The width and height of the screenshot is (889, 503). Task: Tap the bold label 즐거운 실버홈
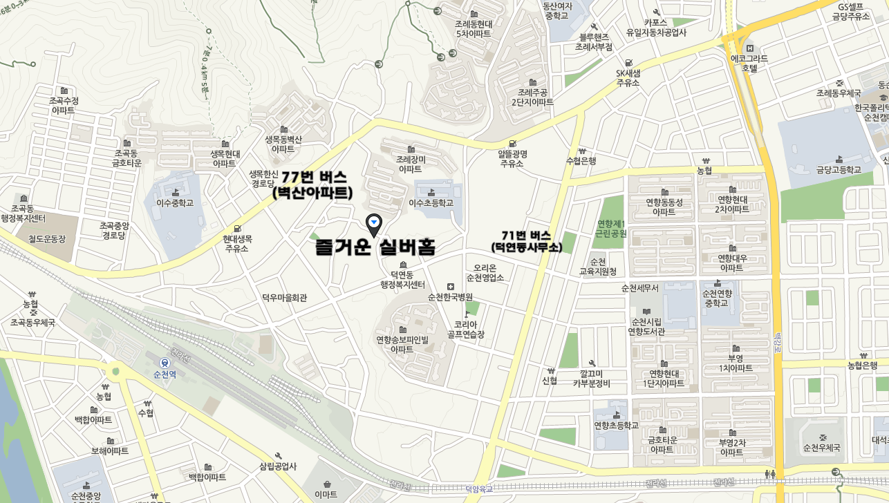click(375, 247)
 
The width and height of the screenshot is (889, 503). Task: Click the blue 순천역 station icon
click(165, 362)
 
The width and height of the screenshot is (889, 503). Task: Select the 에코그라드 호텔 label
click(749, 64)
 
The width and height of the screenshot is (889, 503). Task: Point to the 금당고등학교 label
click(839, 169)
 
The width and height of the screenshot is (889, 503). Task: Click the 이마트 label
click(326, 494)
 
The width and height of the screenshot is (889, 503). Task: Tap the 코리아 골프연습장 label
click(465, 330)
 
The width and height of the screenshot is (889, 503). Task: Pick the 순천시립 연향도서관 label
click(646, 327)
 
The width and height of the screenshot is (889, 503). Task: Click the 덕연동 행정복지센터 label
click(402, 279)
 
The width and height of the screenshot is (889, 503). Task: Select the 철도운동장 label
click(47, 239)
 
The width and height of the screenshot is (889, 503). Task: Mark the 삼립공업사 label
click(278, 466)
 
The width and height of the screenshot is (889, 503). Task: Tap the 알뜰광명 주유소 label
click(512, 158)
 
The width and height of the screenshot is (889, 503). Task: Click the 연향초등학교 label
click(616, 426)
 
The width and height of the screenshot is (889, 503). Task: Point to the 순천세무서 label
click(640, 287)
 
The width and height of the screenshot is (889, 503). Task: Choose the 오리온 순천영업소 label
click(485, 273)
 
